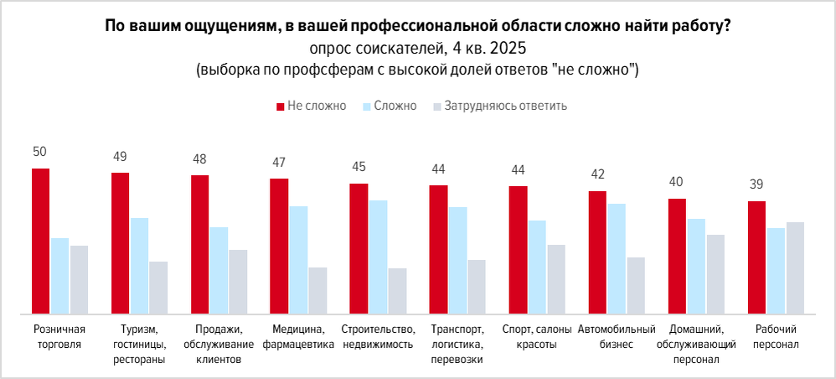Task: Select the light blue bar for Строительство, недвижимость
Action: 378,257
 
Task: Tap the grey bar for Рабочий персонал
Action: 795,267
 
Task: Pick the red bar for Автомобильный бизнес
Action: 597,252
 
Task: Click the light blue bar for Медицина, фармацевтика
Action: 298,259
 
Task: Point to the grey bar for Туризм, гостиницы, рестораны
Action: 158,287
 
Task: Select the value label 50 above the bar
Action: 40,152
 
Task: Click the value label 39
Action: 756,184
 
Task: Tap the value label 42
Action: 596,174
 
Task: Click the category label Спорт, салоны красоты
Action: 534,336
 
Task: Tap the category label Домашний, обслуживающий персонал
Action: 695,344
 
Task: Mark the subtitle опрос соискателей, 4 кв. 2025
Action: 418,48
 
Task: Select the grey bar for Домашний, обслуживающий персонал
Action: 715,273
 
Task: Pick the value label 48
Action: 199,158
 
